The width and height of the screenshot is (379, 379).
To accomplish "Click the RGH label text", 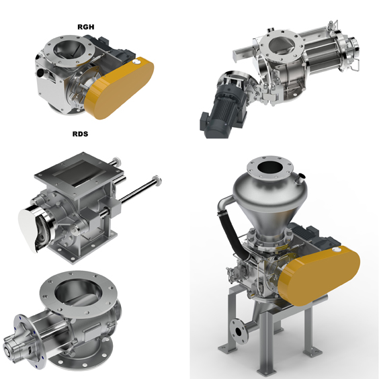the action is click(x=86, y=27).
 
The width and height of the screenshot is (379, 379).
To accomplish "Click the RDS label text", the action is click(x=80, y=134).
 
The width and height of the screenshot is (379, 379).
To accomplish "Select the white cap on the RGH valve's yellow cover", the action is click(x=137, y=62).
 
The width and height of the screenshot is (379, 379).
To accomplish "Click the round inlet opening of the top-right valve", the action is click(x=282, y=45).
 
